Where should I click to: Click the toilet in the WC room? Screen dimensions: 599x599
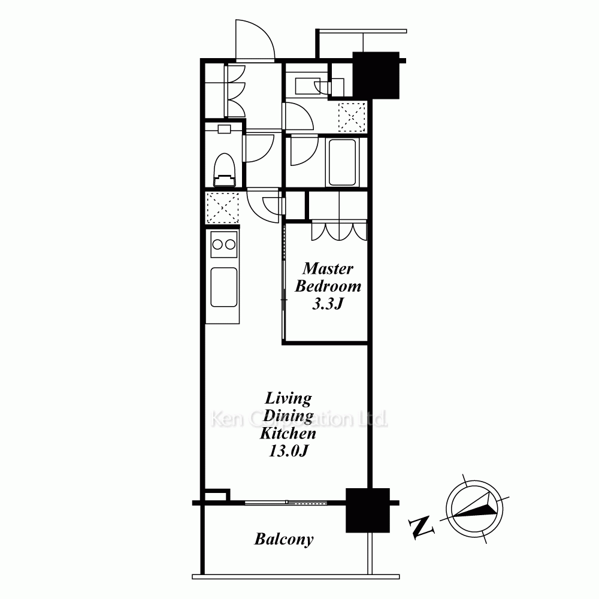224,170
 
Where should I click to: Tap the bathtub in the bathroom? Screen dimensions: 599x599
342,162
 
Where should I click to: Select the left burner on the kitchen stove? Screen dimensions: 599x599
217,244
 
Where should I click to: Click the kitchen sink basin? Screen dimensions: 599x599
224,287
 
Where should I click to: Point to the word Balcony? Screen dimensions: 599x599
284,540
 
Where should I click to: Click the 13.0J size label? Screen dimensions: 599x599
289,451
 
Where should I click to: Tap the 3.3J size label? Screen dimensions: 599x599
328,304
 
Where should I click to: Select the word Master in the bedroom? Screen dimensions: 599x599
328,268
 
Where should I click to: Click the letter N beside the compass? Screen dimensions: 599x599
421,528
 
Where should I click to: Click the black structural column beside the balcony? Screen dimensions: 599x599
368,510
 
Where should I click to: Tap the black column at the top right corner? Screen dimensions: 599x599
376,75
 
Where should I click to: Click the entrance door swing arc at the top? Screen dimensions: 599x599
255,39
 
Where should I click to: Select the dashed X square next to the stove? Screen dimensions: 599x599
222,208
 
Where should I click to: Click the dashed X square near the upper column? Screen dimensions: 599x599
352,117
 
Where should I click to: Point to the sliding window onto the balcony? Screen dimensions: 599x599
286,503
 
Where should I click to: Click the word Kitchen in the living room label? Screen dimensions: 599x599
288,434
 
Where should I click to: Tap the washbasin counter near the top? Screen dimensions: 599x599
308,87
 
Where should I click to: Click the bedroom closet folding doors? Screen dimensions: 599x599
339,231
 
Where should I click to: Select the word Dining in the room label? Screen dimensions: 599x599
289,416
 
